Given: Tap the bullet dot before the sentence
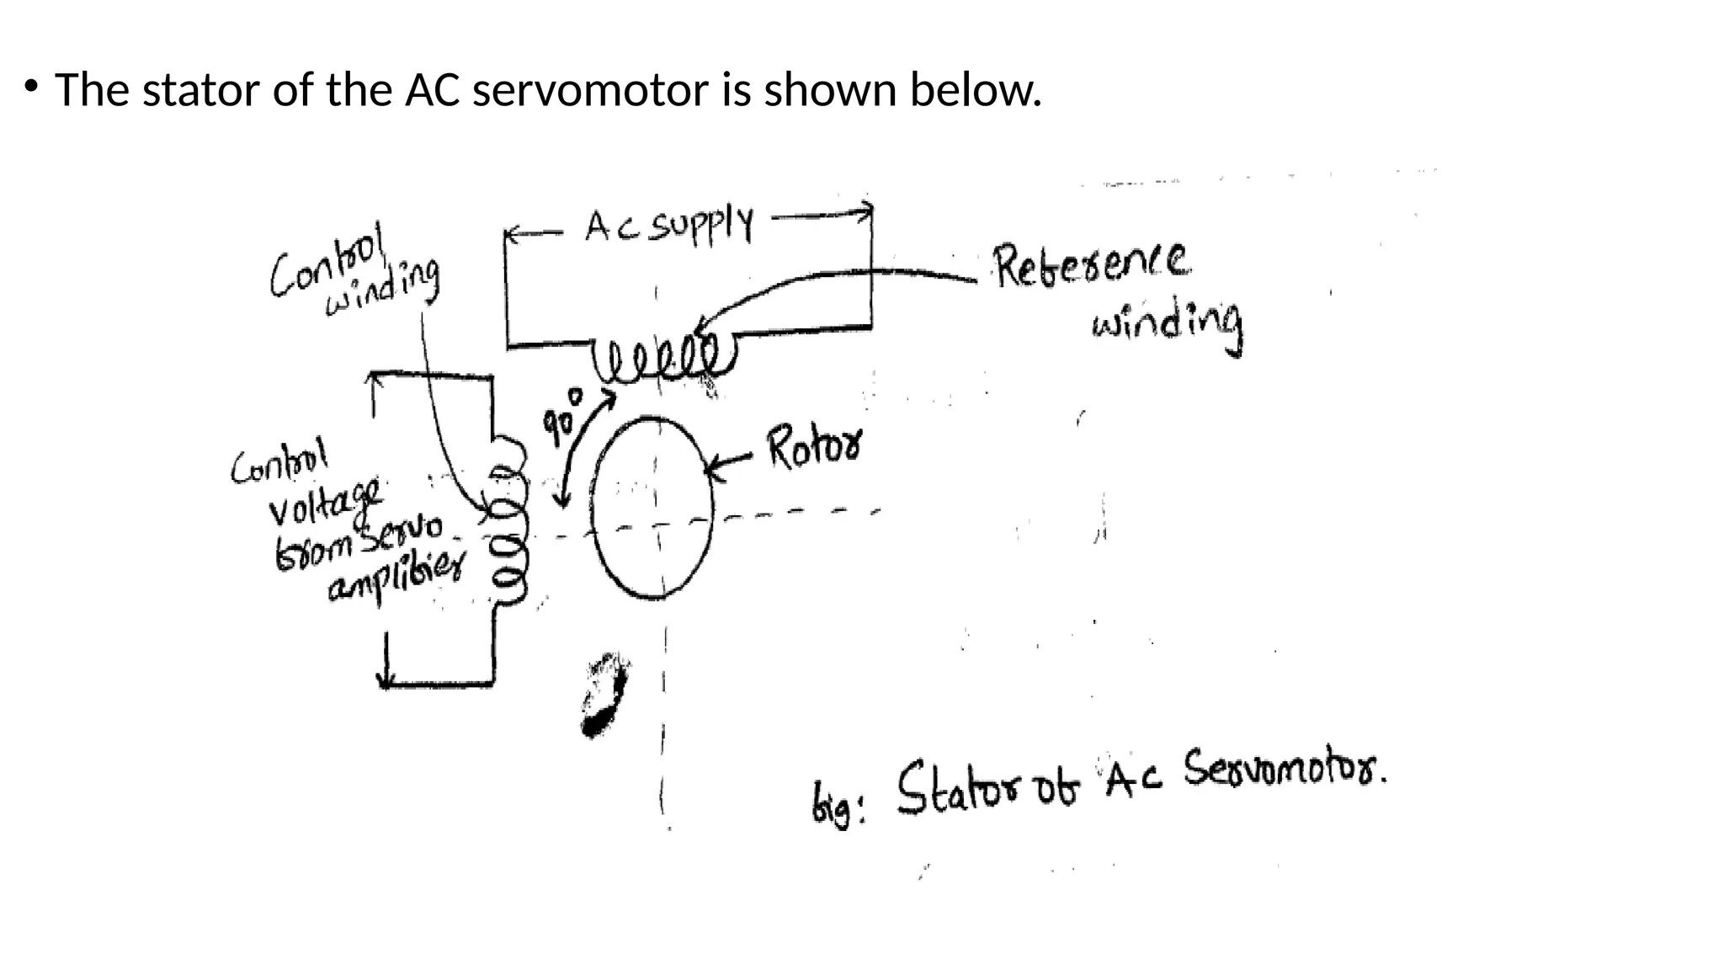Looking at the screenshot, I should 31,86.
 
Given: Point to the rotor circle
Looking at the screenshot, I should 652,507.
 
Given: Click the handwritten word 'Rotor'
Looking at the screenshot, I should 814,448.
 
